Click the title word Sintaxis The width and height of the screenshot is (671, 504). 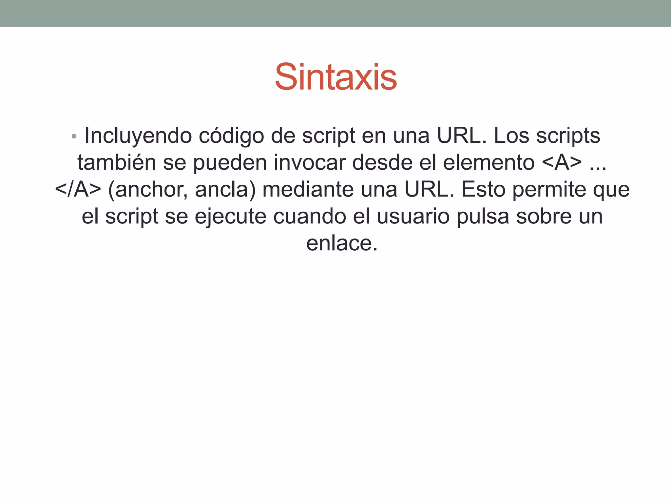point(336,77)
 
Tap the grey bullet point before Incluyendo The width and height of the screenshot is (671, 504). point(74,136)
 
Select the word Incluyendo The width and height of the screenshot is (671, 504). point(138,136)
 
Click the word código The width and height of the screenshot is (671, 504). point(231,136)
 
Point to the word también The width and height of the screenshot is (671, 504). point(117,162)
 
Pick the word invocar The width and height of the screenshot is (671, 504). point(310,162)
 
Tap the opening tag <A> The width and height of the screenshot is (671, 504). point(562,162)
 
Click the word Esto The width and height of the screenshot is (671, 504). point(483,189)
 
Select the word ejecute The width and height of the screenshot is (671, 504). point(230,217)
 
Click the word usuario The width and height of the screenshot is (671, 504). point(413,217)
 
